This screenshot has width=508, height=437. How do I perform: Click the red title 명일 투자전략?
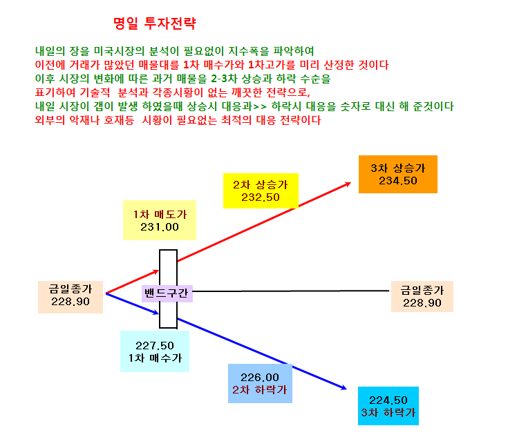tap(155, 23)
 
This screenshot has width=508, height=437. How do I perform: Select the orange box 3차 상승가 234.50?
tap(398, 174)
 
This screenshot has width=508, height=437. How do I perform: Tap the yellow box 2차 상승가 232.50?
tap(261, 191)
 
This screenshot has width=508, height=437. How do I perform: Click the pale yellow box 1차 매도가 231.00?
tap(160, 220)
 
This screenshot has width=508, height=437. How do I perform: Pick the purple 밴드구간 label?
tap(167, 293)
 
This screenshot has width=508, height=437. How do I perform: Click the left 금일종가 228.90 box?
tap(70, 297)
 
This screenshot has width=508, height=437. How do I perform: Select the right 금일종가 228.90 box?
tap(422, 296)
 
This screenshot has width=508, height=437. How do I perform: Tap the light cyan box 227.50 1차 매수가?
tap(155, 351)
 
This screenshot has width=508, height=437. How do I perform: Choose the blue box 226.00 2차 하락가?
tap(260, 383)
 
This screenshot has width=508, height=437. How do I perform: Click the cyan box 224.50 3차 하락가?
tap(388, 406)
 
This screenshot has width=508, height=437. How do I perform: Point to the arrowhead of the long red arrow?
tap(350, 183)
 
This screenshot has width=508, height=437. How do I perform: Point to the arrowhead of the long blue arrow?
tap(346, 389)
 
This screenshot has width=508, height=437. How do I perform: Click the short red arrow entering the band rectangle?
tap(133, 282)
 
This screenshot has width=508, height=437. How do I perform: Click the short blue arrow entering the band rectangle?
tap(133, 304)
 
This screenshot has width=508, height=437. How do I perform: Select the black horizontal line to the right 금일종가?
tap(290, 291)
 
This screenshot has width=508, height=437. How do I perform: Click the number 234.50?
tap(398, 181)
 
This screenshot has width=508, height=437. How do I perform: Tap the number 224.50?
tap(388, 400)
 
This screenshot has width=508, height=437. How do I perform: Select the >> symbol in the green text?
tap(259, 106)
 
